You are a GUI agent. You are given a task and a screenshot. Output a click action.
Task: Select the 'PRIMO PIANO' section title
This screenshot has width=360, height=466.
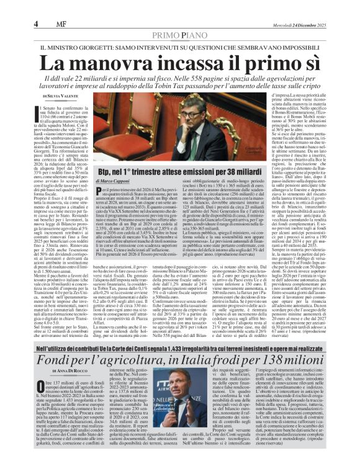180,37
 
